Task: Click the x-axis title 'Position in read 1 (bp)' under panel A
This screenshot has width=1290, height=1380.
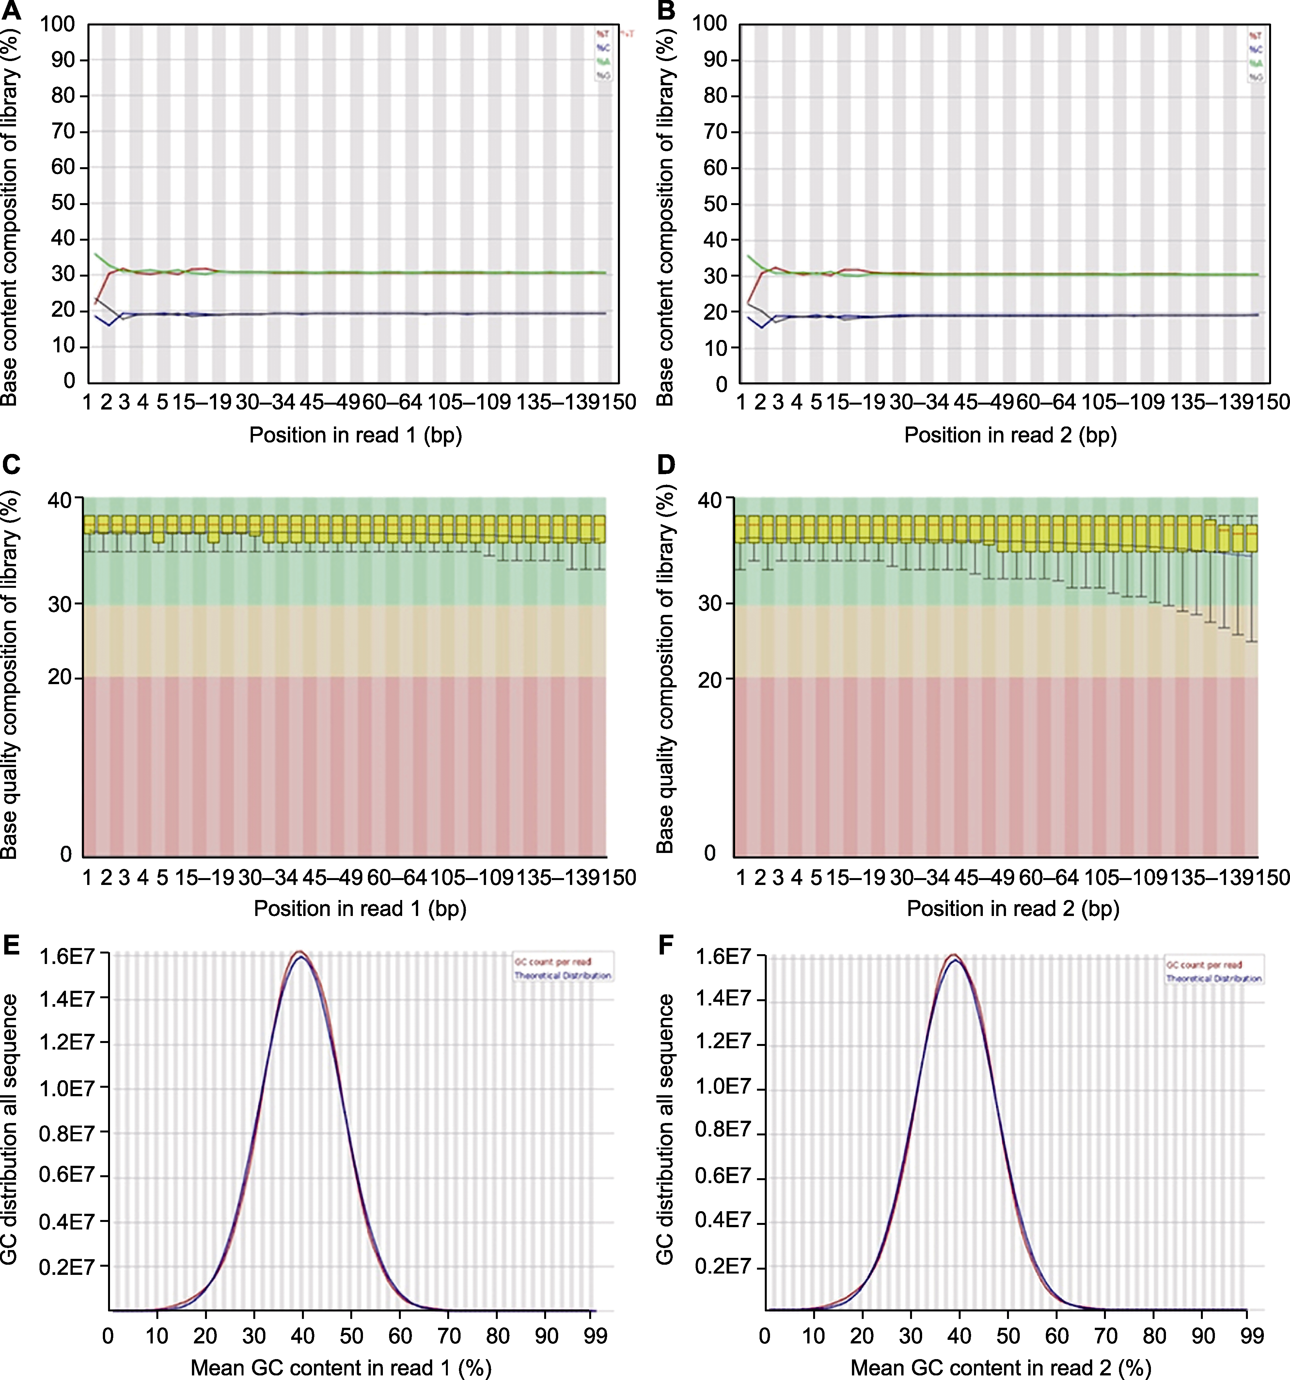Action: click(355, 435)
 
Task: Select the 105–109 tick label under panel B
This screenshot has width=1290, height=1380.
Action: click(1123, 402)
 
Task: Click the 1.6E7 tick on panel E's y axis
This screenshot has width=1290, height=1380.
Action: click(66, 956)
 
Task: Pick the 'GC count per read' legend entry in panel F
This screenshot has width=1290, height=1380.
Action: click(1203, 965)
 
